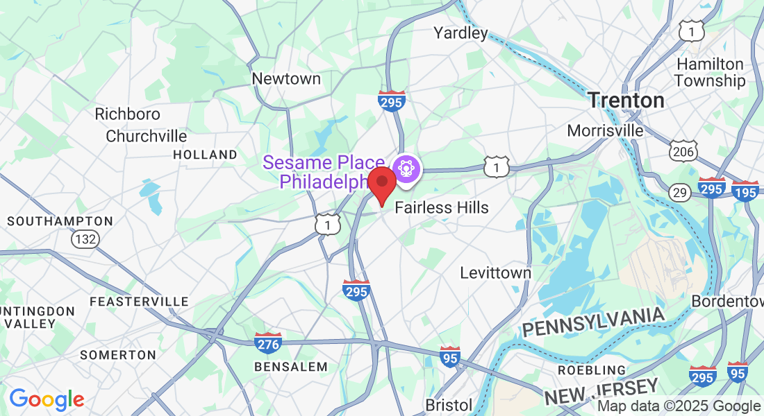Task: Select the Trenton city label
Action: pos(626,101)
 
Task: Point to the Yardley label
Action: pos(460,33)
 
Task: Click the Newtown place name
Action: pos(286,79)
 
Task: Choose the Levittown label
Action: pos(496,273)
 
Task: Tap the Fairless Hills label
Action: pos(442,208)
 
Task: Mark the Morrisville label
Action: pos(605,130)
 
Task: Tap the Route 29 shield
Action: pos(679,191)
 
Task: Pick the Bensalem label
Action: pos(290,366)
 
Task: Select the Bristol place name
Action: pos(449,405)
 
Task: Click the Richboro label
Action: pos(128,114)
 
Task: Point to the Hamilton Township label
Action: pos(710,72)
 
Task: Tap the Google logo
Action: pos(47,399)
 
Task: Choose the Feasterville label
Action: pos(139,302)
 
